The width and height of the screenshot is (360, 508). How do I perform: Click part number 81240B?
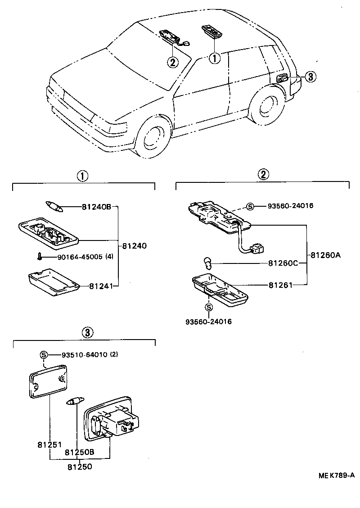point(96,207)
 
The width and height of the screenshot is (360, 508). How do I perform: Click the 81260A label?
point(325,255)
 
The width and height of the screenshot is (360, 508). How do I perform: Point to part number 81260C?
point(283,263)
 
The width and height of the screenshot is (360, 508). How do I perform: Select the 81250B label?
point(79,452)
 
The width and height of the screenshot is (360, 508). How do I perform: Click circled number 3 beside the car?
point(310,77)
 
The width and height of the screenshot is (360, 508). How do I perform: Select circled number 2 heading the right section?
point(263,174)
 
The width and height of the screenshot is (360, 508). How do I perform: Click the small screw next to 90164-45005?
point(40,257)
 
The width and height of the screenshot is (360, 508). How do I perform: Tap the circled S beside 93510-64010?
point(44,354)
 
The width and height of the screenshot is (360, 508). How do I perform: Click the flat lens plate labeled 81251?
point(47,380)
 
